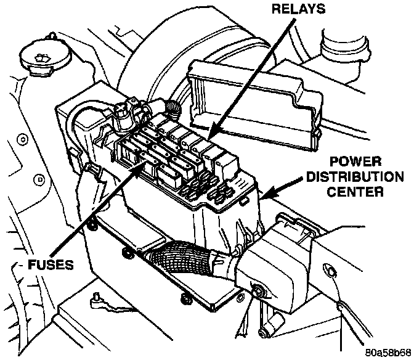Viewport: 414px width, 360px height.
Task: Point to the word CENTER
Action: (355, 192)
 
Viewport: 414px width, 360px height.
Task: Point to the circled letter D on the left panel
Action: (39, 180)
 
